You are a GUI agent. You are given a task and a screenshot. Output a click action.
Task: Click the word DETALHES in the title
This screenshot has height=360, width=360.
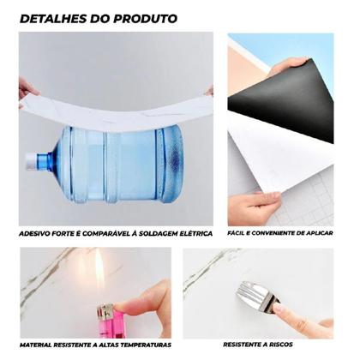pyautogui.click(x=51, y=17)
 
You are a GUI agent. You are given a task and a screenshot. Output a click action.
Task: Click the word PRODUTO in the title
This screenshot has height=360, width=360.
pyautogui.click(x=147, y=17)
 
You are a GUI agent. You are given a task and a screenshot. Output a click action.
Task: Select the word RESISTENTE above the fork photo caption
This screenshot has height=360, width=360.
pyautogui.click(x=253, y=344)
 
